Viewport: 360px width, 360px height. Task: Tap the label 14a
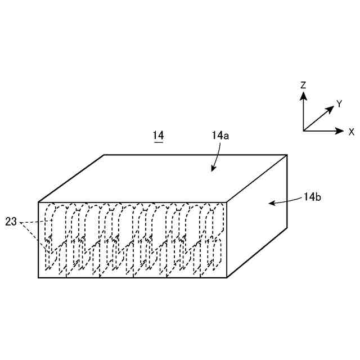tap(220, 136)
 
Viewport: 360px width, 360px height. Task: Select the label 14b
tap(312, 197)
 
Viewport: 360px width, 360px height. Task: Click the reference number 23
tap(11, 222)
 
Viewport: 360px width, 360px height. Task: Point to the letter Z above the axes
tap(303, 85)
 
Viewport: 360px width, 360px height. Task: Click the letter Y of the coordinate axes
tap(339, 103)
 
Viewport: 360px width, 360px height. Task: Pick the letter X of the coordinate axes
tap(352, 132)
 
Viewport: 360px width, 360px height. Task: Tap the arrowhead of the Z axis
tap(303, 95)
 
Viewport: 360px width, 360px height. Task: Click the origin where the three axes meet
tap(303, 131)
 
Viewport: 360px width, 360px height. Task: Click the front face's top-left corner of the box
tap(38, 202)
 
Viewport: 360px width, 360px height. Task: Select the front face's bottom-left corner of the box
tap(38, 278)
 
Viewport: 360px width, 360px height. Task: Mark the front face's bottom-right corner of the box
tap(226, 278)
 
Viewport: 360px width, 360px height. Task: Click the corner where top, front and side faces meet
tap(226, 202)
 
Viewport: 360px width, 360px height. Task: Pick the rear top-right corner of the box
tap(287, 155)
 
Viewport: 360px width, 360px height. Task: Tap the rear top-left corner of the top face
tap(105, 155)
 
